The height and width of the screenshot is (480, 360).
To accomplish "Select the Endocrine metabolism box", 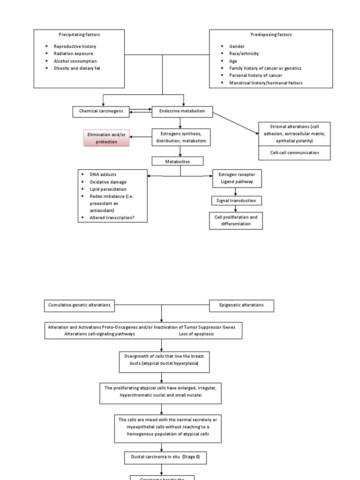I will (182, 112).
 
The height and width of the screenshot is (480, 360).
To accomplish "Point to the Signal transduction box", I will (236, 201).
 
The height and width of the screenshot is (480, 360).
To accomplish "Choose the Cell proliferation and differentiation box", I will (236, 221).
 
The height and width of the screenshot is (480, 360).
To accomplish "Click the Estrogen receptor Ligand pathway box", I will (237, 178).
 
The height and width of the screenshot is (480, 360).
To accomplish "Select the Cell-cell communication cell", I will (294, 153).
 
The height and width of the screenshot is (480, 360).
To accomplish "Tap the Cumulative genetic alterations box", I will (79, 305).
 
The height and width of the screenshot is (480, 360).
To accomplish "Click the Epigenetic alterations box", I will (241, 305).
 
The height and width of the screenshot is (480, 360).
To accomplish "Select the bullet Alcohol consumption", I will (75, 61).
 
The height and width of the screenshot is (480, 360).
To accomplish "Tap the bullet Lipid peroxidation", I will (109, 189).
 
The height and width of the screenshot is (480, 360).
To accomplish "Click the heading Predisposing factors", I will (270, 35).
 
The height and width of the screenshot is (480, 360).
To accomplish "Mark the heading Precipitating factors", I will (79, 35).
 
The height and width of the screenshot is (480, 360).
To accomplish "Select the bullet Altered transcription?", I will (112, 217).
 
